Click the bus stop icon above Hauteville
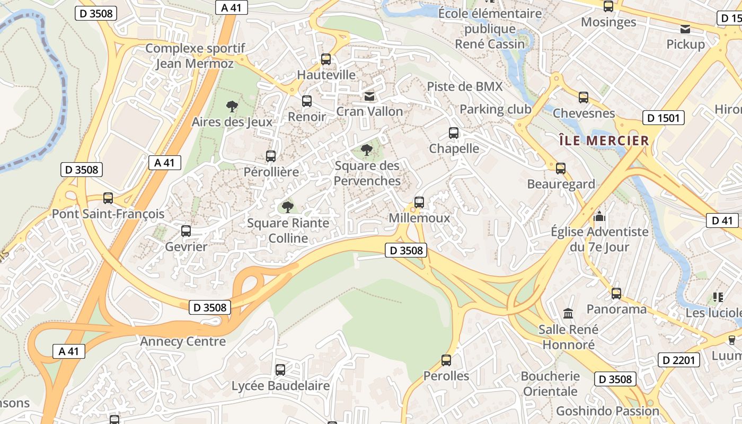[x=326, y=59]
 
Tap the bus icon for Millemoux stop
[x=419, y=202]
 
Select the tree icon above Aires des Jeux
[x=232, y=107]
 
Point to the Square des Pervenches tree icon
[x=366, y=150]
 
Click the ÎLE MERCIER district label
[x=604, y=140]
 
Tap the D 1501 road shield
[x=663, y=118]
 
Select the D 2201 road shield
[x=679, y=360]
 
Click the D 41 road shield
[x=722, y=220]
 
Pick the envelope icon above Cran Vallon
[x=369, y=96]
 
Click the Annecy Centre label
[x=183, y=341]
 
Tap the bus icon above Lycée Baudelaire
[x=280, y=370]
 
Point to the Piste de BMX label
[x=465, y=86]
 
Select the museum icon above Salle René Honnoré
[x=568, y=313]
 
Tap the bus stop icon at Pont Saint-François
[x=108, y=198]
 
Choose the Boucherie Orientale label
[x=550, y=384]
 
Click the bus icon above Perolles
[x=446, y=360]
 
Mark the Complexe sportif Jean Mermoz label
[x=195, y=56]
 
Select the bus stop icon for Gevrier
[x=186, y=231]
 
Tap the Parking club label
[x=495, y=109]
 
